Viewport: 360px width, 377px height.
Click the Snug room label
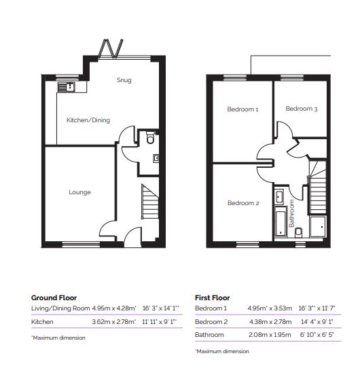coord(124,80)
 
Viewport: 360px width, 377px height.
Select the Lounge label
coord(79,192)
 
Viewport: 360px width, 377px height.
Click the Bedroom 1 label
coord(242,109)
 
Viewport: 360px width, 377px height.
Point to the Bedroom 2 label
coord(242,203)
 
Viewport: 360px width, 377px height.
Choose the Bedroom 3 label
coord(301,109)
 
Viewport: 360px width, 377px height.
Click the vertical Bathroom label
coord(292,214)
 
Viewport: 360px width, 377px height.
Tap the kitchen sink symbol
coord(68,86)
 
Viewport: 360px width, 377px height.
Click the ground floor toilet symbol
coord(149,139)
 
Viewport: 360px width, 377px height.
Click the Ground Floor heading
coord(54,298)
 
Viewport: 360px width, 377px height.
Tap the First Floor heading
coord(212,298)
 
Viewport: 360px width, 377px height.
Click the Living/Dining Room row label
coord(60,309)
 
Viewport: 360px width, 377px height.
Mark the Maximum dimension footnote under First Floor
coord(222,351)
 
